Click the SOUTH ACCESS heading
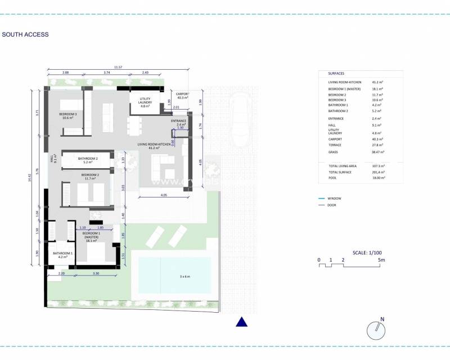[x=25, y=34]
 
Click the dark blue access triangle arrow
[x=241, y=322]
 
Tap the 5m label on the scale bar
[x=381, y=260]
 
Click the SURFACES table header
[x=336, y=74]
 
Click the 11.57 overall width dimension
[x=118, y=67]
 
